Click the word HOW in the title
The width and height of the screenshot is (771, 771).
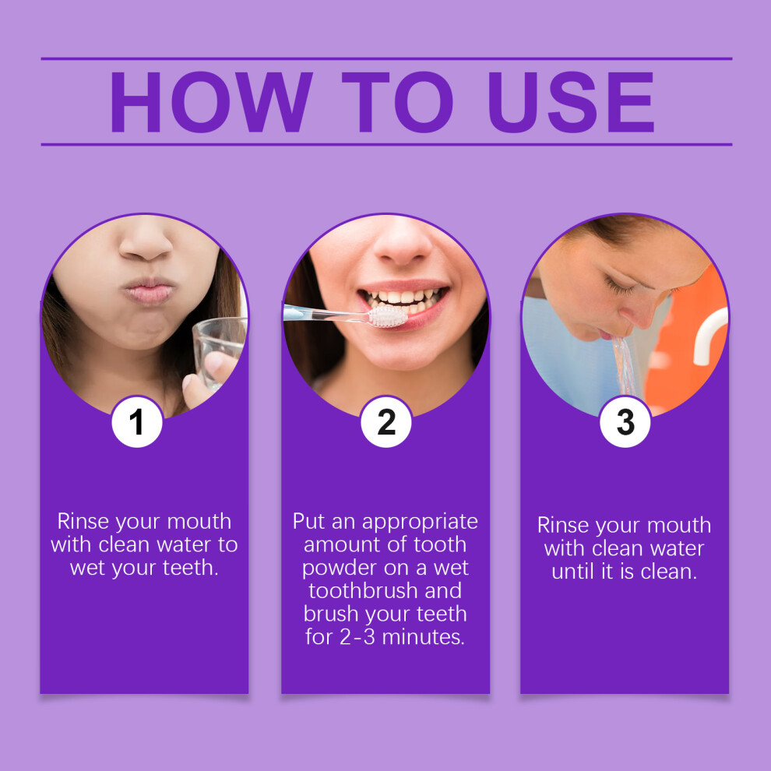211,102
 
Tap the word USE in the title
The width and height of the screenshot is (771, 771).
572,102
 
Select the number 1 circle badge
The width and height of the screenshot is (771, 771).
137,422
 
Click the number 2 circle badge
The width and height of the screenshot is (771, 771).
386,422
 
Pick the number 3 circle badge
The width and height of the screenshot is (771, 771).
625,422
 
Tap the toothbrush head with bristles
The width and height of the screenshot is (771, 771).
388,316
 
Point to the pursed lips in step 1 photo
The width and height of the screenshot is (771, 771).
149,291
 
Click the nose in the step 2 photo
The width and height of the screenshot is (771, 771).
402,244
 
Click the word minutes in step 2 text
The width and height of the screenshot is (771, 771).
424,637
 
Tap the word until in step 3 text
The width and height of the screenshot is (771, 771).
572,572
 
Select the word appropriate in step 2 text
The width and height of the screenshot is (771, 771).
420,523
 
